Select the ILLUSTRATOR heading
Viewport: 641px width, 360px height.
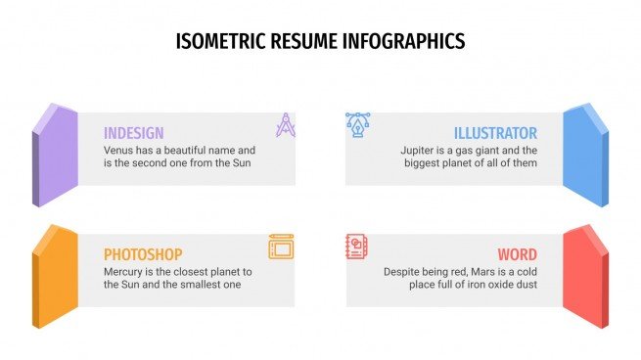(495, 133)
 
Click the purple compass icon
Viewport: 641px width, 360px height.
(285, 125)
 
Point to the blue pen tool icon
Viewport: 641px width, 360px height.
(358, 124)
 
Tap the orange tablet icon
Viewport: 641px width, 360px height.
(281, 247)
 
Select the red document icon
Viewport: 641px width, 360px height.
(358, 246)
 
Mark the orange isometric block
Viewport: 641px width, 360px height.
(55, 276)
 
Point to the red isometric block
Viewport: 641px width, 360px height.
(586, 276)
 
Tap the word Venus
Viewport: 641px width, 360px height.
(119, 151)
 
